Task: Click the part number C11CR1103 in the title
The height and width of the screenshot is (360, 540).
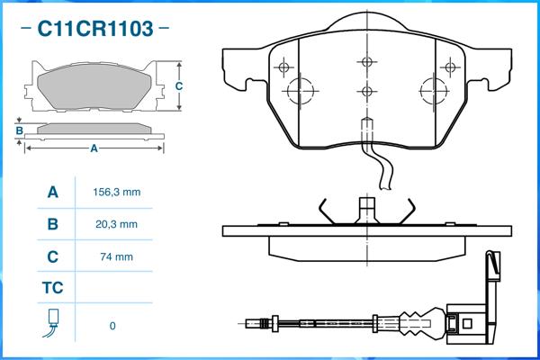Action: click(x=94, y=30)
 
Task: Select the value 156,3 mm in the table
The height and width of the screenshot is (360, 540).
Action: click(x=117, y=193)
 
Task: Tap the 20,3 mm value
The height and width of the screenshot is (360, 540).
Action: click(x=117, y=224)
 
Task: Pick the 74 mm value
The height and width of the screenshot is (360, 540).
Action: click(x=117, y=256)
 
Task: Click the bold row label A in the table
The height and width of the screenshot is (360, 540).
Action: click(x=52, y=193)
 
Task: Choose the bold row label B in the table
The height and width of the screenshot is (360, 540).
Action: click(x=52, y=224)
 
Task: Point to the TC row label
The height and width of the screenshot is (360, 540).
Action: click(x=52, y=288)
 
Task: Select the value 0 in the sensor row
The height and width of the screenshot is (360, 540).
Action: click(x=112, y=326)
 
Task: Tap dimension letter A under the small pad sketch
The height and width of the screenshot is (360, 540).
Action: click(x=94, y=149)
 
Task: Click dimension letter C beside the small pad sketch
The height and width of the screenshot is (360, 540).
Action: click(x=178, y=86)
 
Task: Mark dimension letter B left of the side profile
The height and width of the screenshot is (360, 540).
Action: click(x=19, y=131)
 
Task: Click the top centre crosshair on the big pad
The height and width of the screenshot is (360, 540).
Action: click(x=365, y=62)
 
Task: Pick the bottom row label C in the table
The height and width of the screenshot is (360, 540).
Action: click(x=52, y=256)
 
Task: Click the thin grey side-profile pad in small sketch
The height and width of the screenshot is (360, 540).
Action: click(x=94, y=129)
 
